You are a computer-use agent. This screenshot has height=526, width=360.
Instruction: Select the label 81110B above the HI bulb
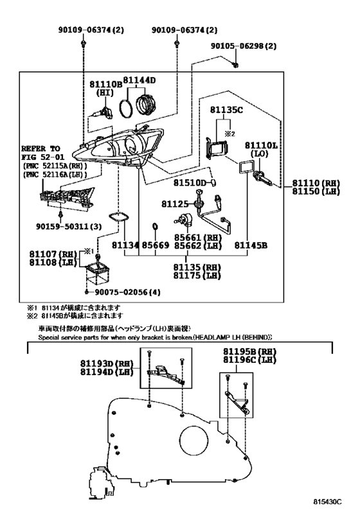pos(105,84)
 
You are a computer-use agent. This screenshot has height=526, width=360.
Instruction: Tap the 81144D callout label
pos(139,80)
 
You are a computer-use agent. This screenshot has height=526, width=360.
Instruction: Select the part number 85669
pos(156,245)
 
